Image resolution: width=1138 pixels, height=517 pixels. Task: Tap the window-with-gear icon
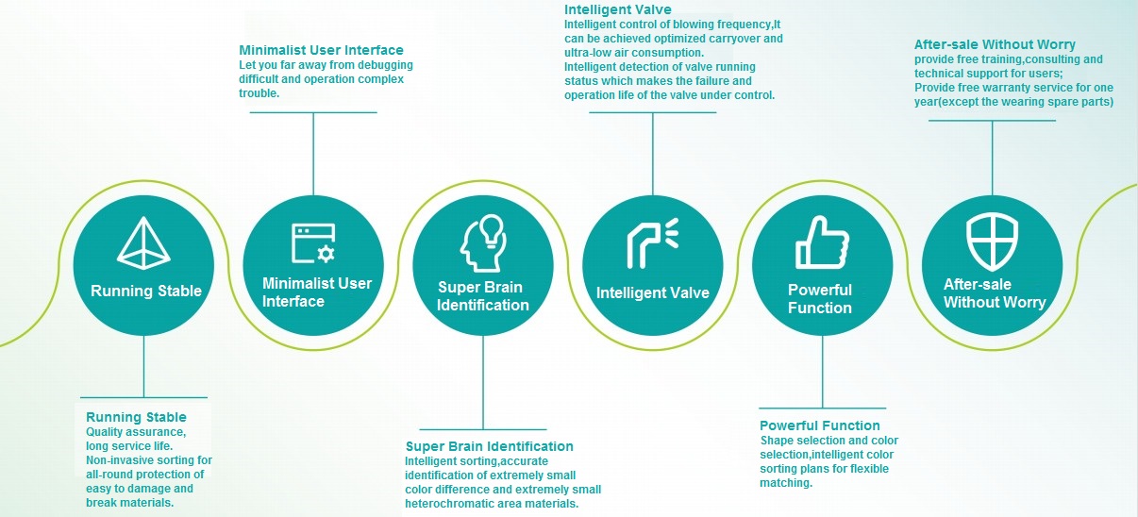(313, 243)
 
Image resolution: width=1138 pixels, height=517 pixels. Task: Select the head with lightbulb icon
(481, 243)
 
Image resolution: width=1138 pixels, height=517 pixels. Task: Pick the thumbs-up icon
(821, 242)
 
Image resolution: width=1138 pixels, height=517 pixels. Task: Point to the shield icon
(992, 242)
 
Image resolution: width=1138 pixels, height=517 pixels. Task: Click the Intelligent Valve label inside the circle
(652, 293)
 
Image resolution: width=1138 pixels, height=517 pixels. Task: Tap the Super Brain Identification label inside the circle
(483, 296)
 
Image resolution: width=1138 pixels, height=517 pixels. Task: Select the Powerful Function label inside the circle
(820, 299)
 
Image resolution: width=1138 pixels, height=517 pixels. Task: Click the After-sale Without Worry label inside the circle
(994, 293)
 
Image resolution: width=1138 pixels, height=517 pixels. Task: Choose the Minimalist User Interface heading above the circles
(321, 50)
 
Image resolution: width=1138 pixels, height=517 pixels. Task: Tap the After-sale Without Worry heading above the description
(995, 44)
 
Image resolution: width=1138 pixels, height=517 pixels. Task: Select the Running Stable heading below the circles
(136, 417)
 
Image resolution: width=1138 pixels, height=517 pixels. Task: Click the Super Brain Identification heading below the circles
(489, 446)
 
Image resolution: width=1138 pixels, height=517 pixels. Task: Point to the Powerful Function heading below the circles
(819, 425)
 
